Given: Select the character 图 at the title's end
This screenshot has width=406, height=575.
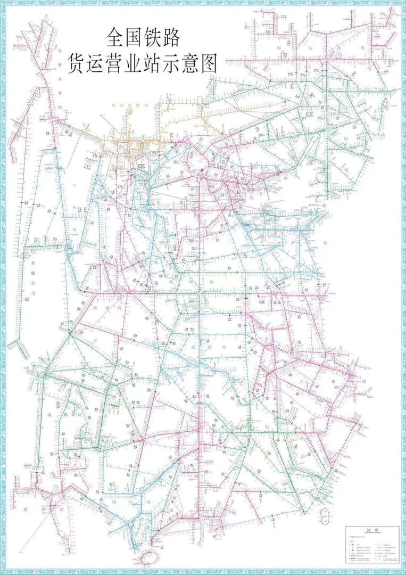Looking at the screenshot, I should [209, 64].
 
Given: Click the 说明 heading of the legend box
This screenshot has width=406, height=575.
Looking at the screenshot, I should [371, 530].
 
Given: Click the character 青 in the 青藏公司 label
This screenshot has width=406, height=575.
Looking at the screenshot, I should [33, 262].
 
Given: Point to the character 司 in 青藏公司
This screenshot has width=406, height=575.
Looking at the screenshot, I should [33, 293].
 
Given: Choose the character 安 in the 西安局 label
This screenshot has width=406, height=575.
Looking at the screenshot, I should [105, 308].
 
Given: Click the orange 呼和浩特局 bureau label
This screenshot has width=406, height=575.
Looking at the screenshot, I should [128, 106].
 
